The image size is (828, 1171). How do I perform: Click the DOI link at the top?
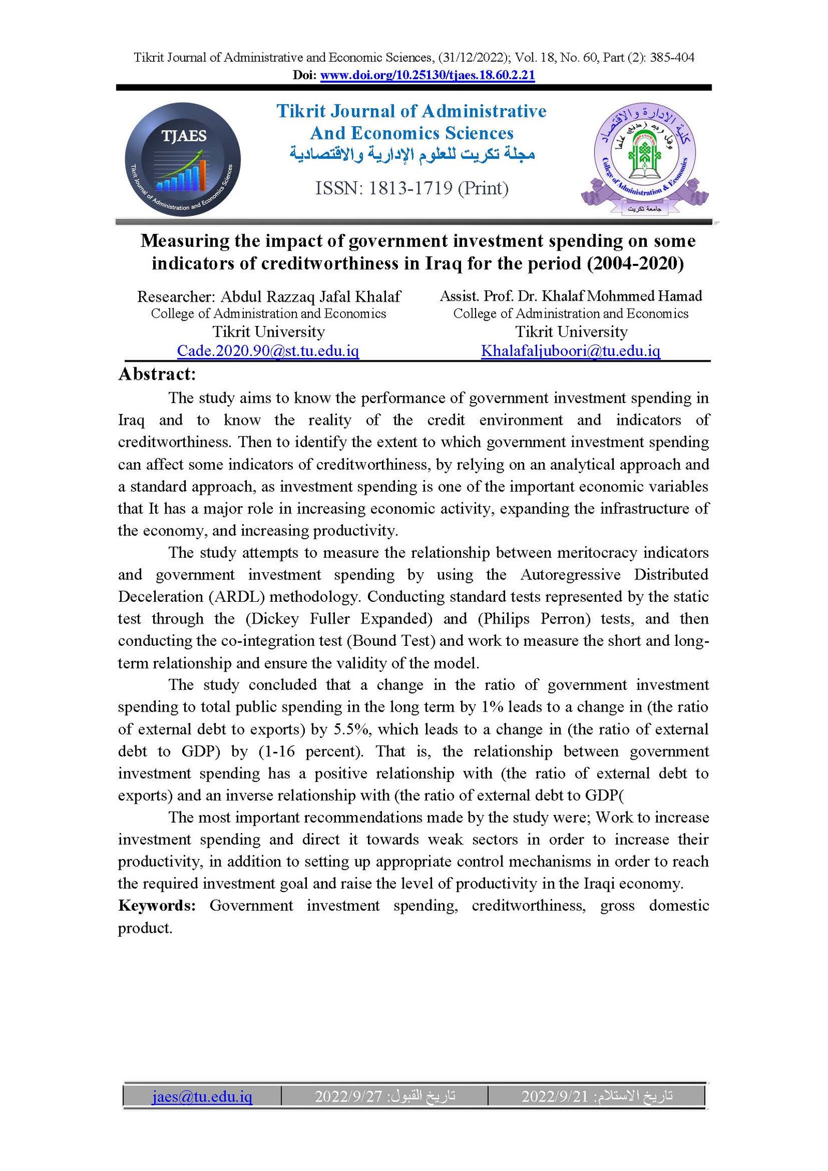[427, 75]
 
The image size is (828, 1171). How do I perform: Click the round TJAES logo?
[183, 159]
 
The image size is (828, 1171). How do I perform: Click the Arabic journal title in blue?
[412, 154]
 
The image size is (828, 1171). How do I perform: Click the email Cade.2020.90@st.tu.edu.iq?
[268, 351]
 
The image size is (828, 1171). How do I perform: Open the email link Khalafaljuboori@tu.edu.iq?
[570, 351]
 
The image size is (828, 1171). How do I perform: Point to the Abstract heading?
[157, 374]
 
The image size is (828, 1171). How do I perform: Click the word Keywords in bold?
[157, 906]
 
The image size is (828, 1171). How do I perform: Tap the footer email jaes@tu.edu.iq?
[202, 1096]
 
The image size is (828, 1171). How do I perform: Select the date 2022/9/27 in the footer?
[348, 1096]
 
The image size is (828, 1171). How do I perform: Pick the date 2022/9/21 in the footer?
[555, 1096]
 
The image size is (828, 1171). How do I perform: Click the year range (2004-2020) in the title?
[635, 263]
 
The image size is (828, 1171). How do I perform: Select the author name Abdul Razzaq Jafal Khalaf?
[310, 297]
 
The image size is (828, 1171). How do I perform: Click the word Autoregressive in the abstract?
[570, 574]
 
